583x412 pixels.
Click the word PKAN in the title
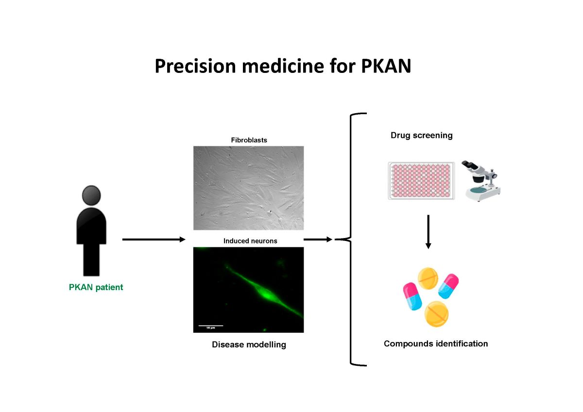[x=386, y=66]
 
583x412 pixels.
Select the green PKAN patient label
[x=96, y=287]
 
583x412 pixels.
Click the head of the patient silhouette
[x=91, y=195]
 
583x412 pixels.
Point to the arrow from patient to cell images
[x=154, y=240]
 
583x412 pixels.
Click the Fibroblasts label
[x=249, y=140]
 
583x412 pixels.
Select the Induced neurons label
[x=250, y=240]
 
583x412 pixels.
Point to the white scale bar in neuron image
[x=211, y=325]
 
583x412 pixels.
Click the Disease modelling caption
[x=249, y=345]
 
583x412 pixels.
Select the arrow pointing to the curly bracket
[x=318, y=239]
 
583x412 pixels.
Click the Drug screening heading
[x=421, y=136]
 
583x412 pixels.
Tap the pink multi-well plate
[x=421, y=181]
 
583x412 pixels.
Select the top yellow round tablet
[x=429, y=277]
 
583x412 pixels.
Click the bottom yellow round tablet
[x=436, y=314]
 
